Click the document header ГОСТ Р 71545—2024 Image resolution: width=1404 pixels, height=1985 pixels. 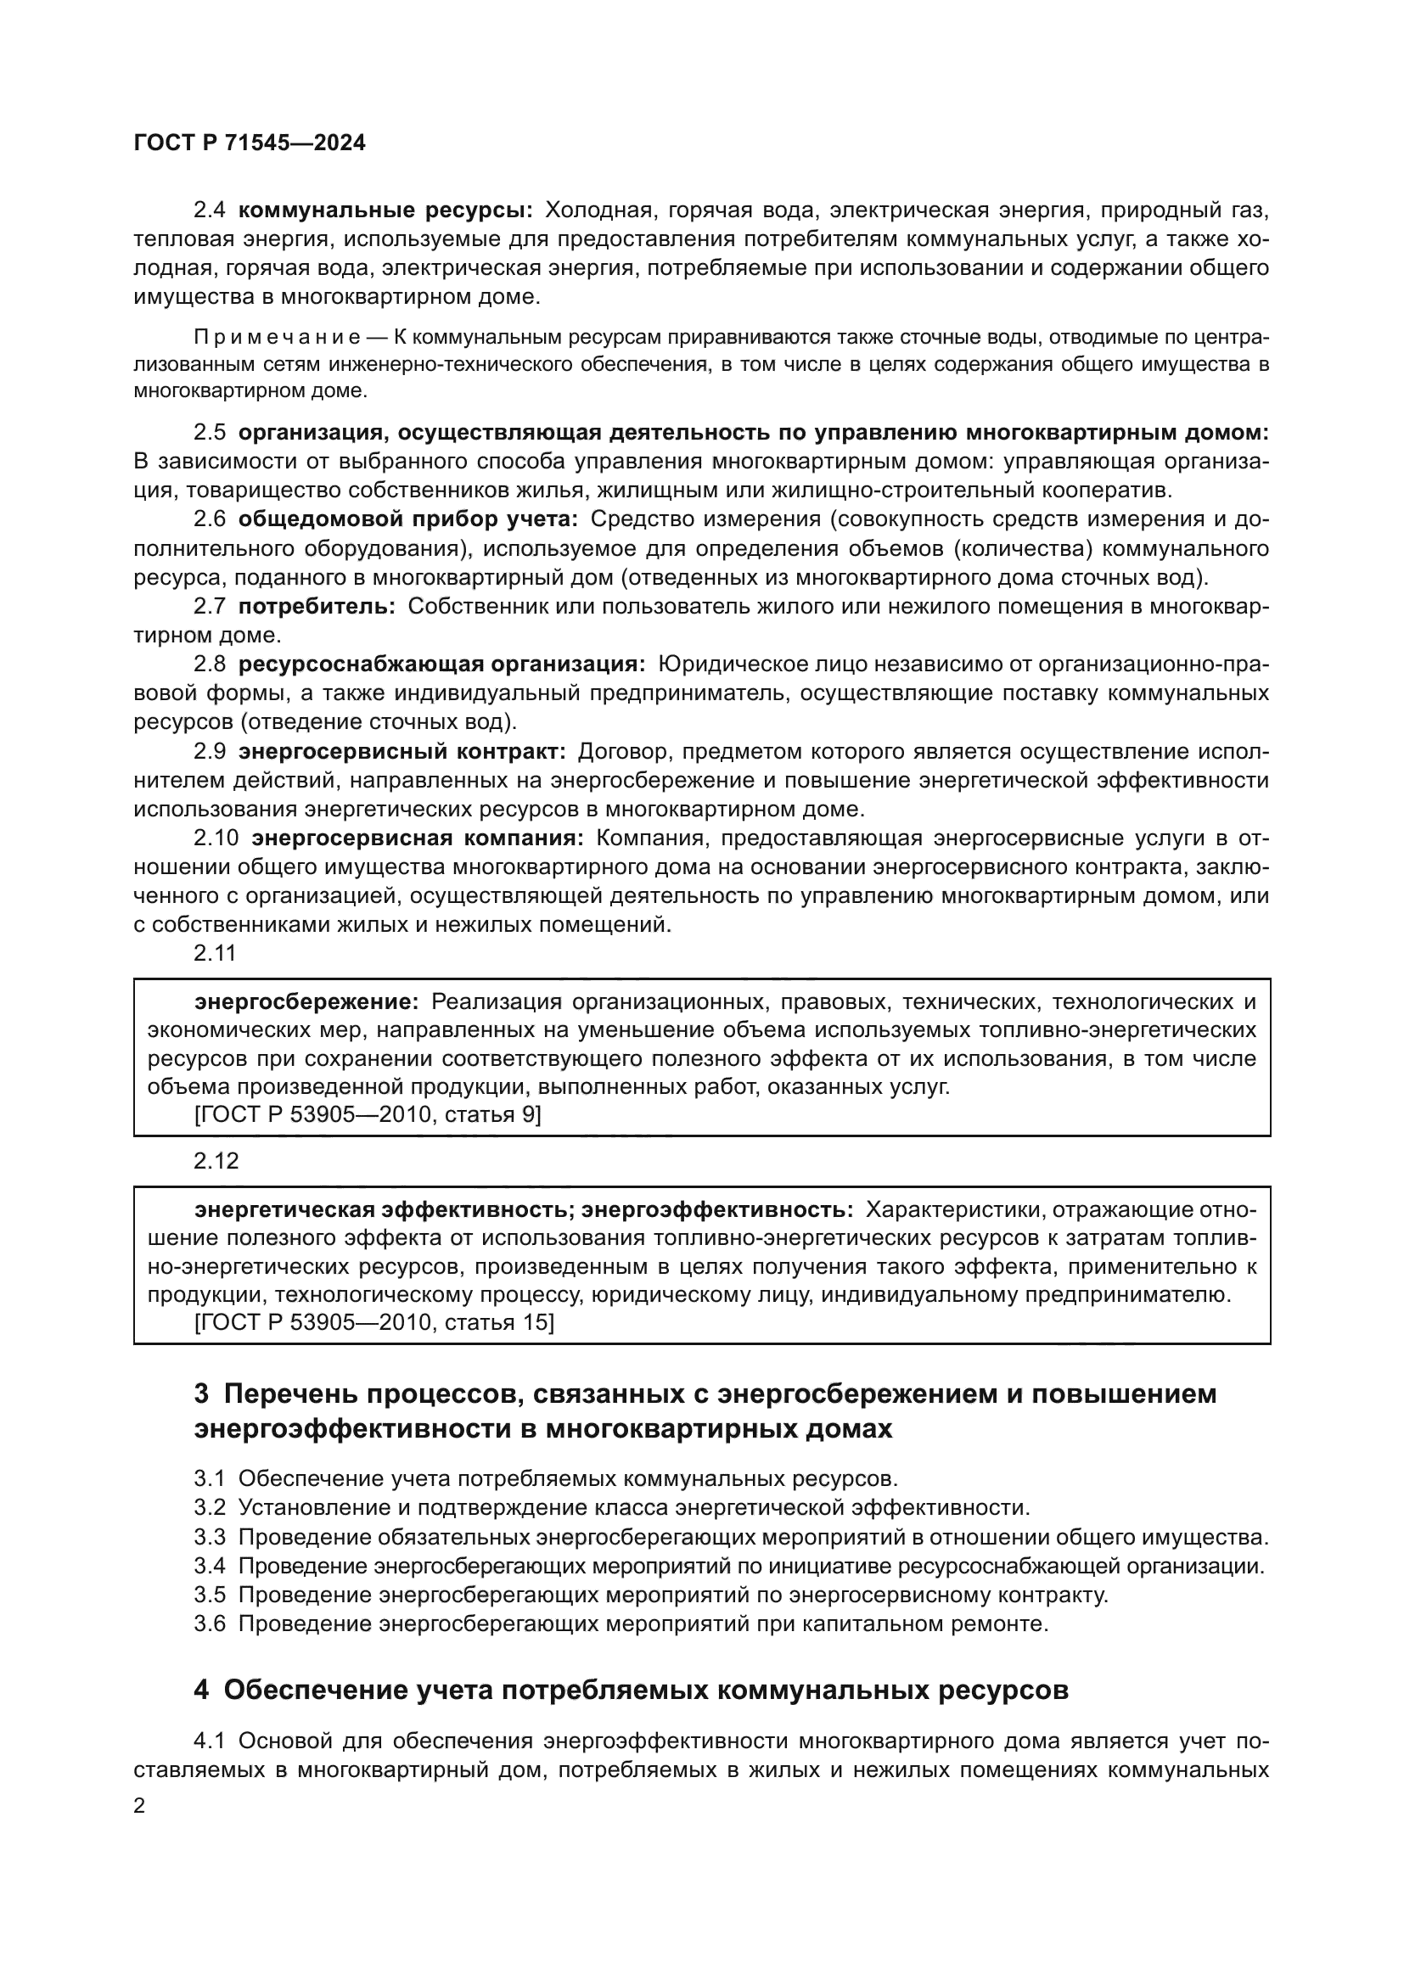click(250, 143)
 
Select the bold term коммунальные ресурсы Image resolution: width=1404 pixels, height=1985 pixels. click(385, 210)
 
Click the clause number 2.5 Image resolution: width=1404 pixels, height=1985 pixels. click(209, 432)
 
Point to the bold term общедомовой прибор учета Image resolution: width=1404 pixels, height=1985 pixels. click(408, 519)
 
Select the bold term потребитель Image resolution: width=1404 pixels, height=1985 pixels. click(317, 607)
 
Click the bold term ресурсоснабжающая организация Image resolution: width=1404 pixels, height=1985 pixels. click(441, 664)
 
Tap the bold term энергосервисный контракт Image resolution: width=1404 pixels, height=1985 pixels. click(402, 751)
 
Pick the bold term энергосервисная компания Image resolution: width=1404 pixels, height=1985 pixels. click(418, 838)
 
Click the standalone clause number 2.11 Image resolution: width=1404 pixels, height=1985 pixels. click(215, 954)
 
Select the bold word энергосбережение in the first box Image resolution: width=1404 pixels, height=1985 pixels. click(306, 1002)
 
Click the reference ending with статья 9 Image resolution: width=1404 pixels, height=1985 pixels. click(368, 1115)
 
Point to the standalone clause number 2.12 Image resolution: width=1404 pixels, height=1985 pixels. click(216, 1161)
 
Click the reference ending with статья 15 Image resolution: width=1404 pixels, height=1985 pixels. click(374, 1323)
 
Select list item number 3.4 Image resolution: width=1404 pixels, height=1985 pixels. click(209, 1567)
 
